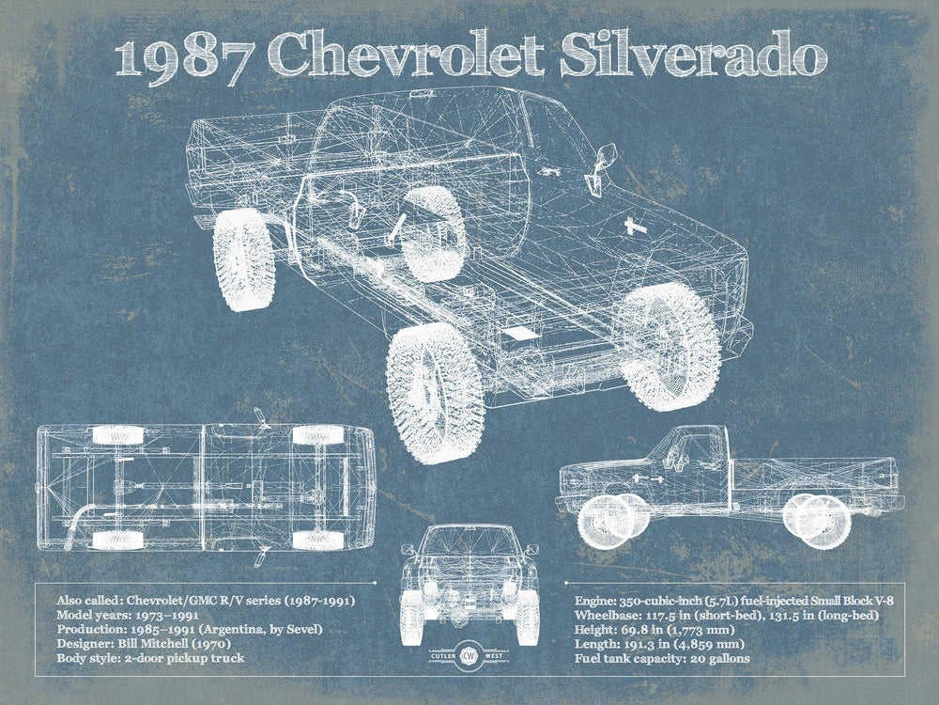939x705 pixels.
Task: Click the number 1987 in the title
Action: pos(177,58)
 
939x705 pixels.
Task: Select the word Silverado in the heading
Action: pos(695,58)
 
